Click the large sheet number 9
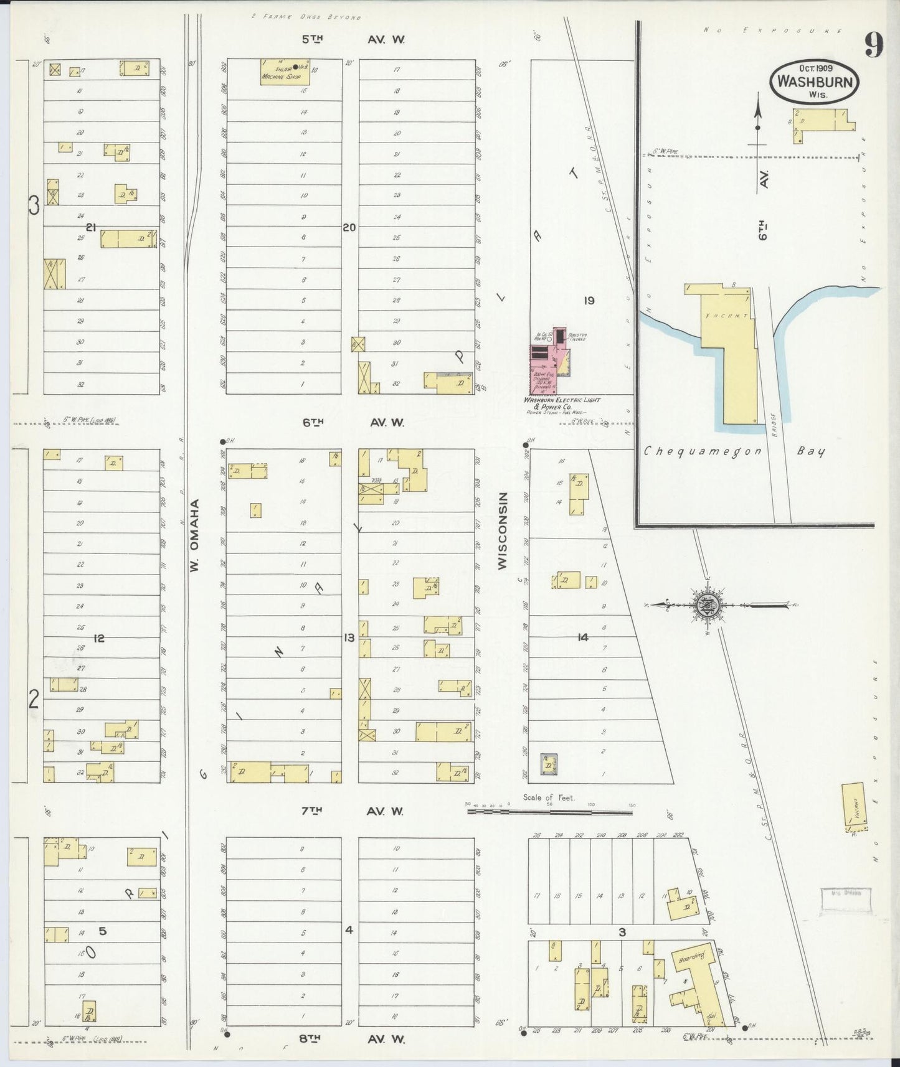click(874, 45)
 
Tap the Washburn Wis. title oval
click(814, 82)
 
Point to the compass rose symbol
click(707, 604)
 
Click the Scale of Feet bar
click(549, 811)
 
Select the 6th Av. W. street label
click(353, 422)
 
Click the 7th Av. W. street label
click(353, 811)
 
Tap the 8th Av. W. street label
click(353, 1038)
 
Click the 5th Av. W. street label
click(353, 39)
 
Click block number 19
click(589, 301)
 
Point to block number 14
click(582, 637)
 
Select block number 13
click(349, 637)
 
